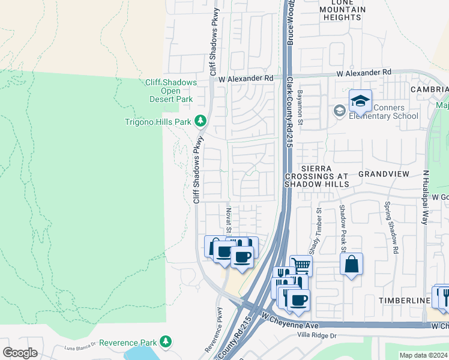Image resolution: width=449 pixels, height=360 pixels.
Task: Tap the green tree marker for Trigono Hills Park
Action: coord(201,122)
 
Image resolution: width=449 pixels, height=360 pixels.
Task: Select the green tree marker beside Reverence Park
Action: coord(166,342)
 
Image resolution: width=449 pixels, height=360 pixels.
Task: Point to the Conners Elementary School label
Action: coord(384,112)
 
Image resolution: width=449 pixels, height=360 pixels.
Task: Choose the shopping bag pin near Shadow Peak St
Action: coord(351,264)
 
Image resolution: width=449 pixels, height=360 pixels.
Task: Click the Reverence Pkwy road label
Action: coord(215,329)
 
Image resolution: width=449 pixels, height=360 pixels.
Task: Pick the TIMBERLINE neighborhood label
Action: coord(405,299)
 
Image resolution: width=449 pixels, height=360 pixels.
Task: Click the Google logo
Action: coord(20,352)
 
